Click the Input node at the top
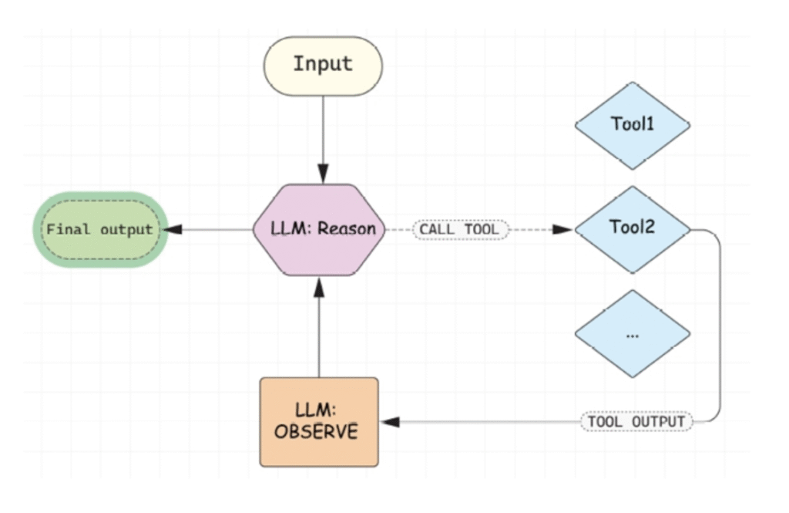click(x=323, y=66)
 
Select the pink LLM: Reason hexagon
click(x=319, y=230)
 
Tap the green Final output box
click(x=100, y=230)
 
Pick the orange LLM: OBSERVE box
click(x=319, y=422)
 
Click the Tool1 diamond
click(x=632, y=125)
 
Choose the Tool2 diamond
click(x=632, y=229)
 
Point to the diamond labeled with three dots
click(x=632, y=334)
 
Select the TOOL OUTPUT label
click(x=636, y=422)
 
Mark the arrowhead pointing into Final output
click(x=175, y=230)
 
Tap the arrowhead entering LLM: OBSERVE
click(x=391, y=422)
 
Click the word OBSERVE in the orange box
click(x=316, y=431)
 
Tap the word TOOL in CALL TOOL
click(x=482, y=230)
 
